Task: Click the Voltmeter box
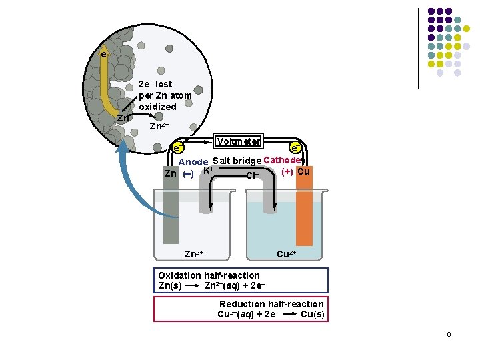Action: coord(238,141)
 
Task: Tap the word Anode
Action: coord(194,162)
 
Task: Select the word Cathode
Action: coord(284,160)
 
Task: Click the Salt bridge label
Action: coord(237,161)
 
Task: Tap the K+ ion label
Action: coord(208,171)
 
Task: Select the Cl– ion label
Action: coord(253,175)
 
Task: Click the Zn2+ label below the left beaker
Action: coord(193,254)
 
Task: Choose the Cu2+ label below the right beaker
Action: coord(287,254)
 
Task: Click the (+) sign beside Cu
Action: coord(288,171)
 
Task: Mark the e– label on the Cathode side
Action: coord(295,147)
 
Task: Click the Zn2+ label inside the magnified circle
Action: coord(159,126)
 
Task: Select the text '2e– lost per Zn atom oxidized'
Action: coord(165,95)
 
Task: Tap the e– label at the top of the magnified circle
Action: coord(105,54)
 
